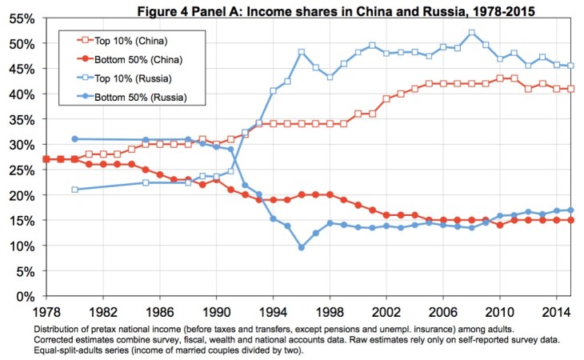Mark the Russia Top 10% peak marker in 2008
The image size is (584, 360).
click(472, 33)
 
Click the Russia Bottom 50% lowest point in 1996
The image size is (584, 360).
click(302, 247)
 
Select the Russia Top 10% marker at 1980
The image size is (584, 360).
click(74, 190)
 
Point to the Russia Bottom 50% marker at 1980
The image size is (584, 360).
click(74, 139)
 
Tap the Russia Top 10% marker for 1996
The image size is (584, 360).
click(302, 52)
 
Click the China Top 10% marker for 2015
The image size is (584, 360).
click(571, 89)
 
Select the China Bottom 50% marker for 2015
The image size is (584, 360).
click(571, 220)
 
